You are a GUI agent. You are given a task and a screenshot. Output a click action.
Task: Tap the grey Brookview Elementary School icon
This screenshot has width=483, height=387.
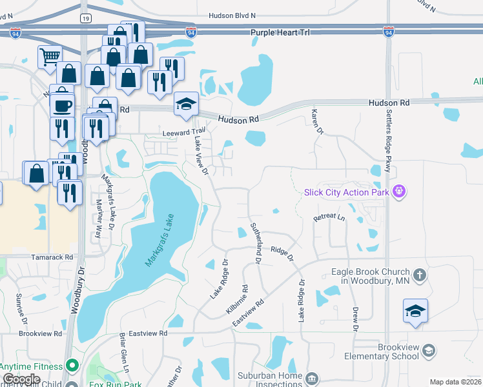coord(427,350)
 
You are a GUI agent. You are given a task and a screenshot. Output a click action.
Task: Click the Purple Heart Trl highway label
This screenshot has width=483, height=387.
coord(276,32)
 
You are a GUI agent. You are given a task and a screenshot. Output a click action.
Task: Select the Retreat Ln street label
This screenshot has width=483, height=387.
coord(329,219)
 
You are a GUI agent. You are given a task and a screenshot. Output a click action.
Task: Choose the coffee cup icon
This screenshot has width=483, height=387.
coord(63,104)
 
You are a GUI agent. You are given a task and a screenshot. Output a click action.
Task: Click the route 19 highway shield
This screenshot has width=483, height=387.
coord(86,19)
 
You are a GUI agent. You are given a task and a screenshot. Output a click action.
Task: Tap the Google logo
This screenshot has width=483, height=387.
coord(21,379)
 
